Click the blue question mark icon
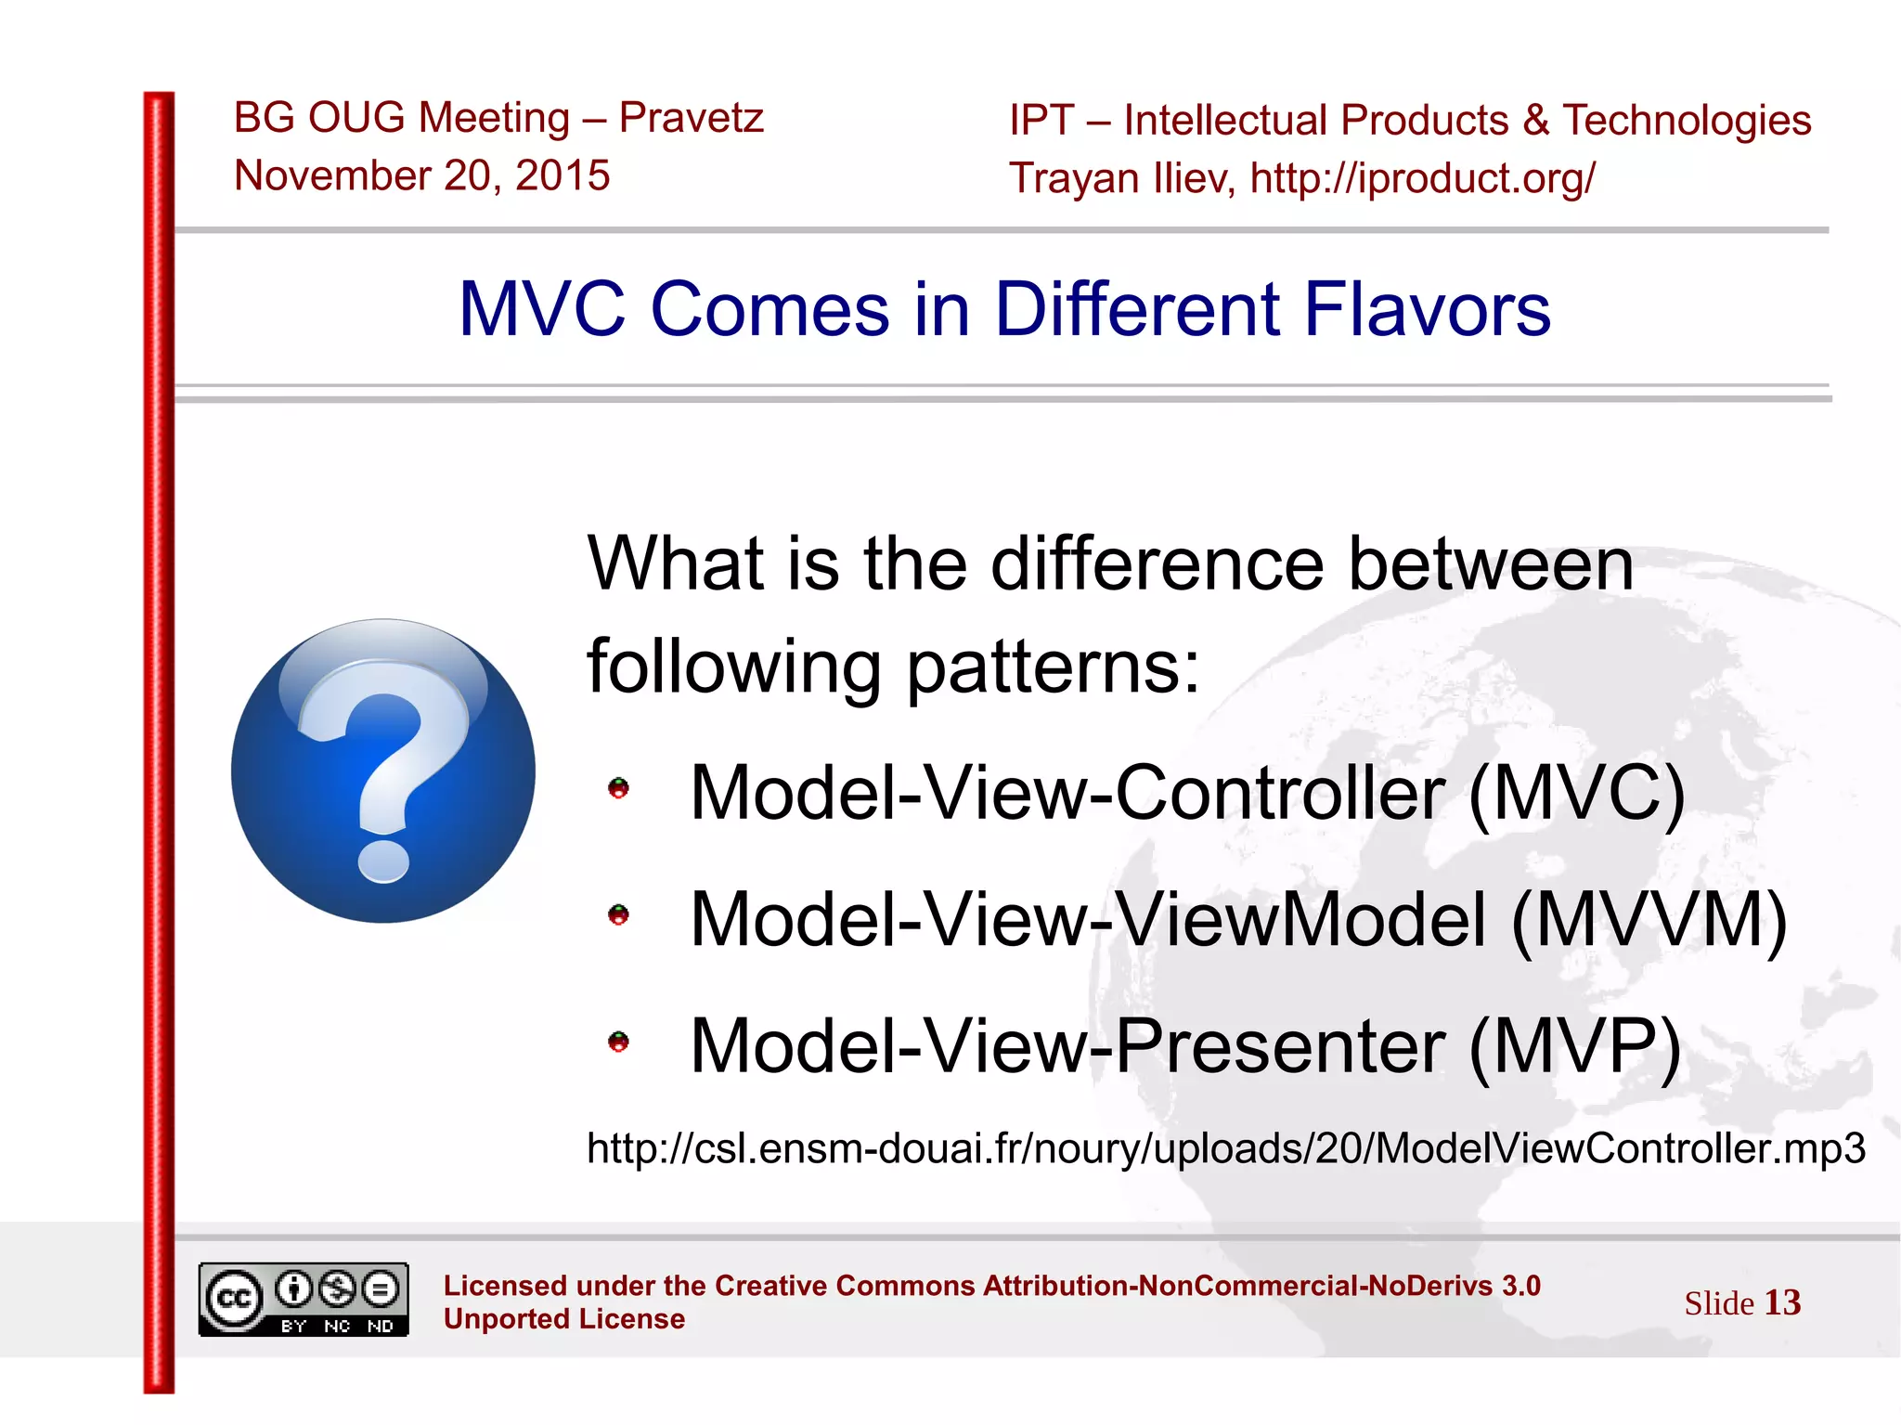[382, 771]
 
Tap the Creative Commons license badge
[304, 1300]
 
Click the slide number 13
[1782, 1302]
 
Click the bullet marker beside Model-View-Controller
[618, 789]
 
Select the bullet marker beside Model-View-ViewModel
[618, 916]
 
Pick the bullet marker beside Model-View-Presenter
[618, 1043]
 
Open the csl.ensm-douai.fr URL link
[1225, 1149]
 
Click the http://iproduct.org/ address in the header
[1422, 178]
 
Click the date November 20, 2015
[422, 175]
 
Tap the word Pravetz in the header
[691, 118]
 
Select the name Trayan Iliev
[1121, 178]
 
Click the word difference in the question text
[1157, 564]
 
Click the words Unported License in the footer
[564, 1319]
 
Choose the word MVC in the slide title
[543, 309]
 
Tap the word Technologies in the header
[1687, 121]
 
